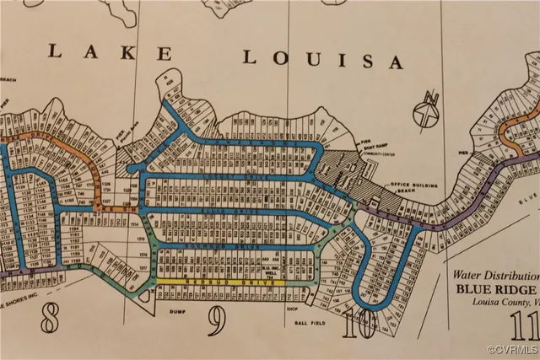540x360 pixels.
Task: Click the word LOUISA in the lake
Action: [x=323, y=59]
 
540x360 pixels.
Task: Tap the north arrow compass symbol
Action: [x=428, y=111]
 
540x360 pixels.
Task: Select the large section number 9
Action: [x=217, y=320]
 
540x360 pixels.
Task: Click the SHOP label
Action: [x=293, y=309]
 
